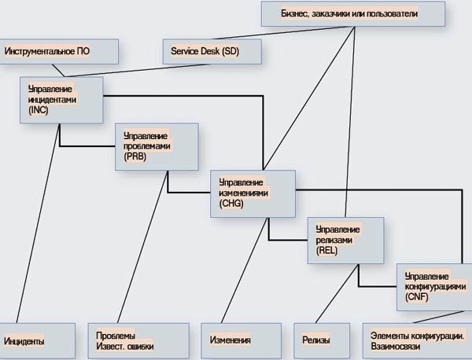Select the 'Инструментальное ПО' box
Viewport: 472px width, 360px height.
[59, 51]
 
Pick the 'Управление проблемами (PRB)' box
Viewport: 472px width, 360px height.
[156, 145]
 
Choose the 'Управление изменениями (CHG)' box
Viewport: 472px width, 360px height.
[252, 192]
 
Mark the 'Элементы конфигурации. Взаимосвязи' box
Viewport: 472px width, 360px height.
[417, 340]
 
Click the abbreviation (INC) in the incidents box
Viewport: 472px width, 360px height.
[39, 110]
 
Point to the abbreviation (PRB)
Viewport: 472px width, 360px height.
[135, 156]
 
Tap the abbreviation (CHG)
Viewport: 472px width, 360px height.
[232, 203]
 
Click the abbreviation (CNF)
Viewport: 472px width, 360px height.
[416, 298]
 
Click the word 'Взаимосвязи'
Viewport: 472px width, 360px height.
[395, 346]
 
